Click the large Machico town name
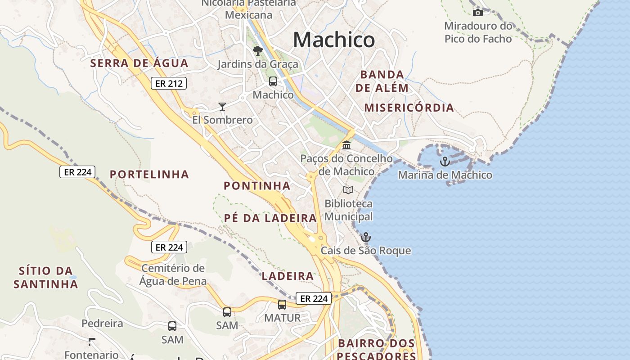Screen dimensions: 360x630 coord(333,40)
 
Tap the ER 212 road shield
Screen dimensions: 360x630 coord(168,83)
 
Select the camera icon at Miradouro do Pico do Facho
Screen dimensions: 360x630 coord(477,13)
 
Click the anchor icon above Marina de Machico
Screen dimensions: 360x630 coord(445,161)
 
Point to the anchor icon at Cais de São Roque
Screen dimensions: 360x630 coord(366,237)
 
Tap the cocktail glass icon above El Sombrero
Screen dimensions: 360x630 coord(222,107)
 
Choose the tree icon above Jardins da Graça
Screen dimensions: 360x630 coord(257,50)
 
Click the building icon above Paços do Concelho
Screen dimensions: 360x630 coord(346,145)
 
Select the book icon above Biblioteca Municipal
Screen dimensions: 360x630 coord(348,190)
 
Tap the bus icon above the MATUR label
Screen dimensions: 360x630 coord(282,305)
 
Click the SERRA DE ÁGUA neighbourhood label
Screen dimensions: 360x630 coord(139,63)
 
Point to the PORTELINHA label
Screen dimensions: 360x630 coord(149,175)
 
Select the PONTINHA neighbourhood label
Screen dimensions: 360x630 coord(257,185)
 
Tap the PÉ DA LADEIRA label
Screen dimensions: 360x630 coord(270,218)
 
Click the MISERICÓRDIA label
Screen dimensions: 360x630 coord(409,108)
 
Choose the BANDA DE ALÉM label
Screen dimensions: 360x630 coord(382,81)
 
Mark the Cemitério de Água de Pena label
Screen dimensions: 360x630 coord(173,275)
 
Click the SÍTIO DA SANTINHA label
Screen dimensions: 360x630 coord(46,278)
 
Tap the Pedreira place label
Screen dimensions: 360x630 coord(102,324)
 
